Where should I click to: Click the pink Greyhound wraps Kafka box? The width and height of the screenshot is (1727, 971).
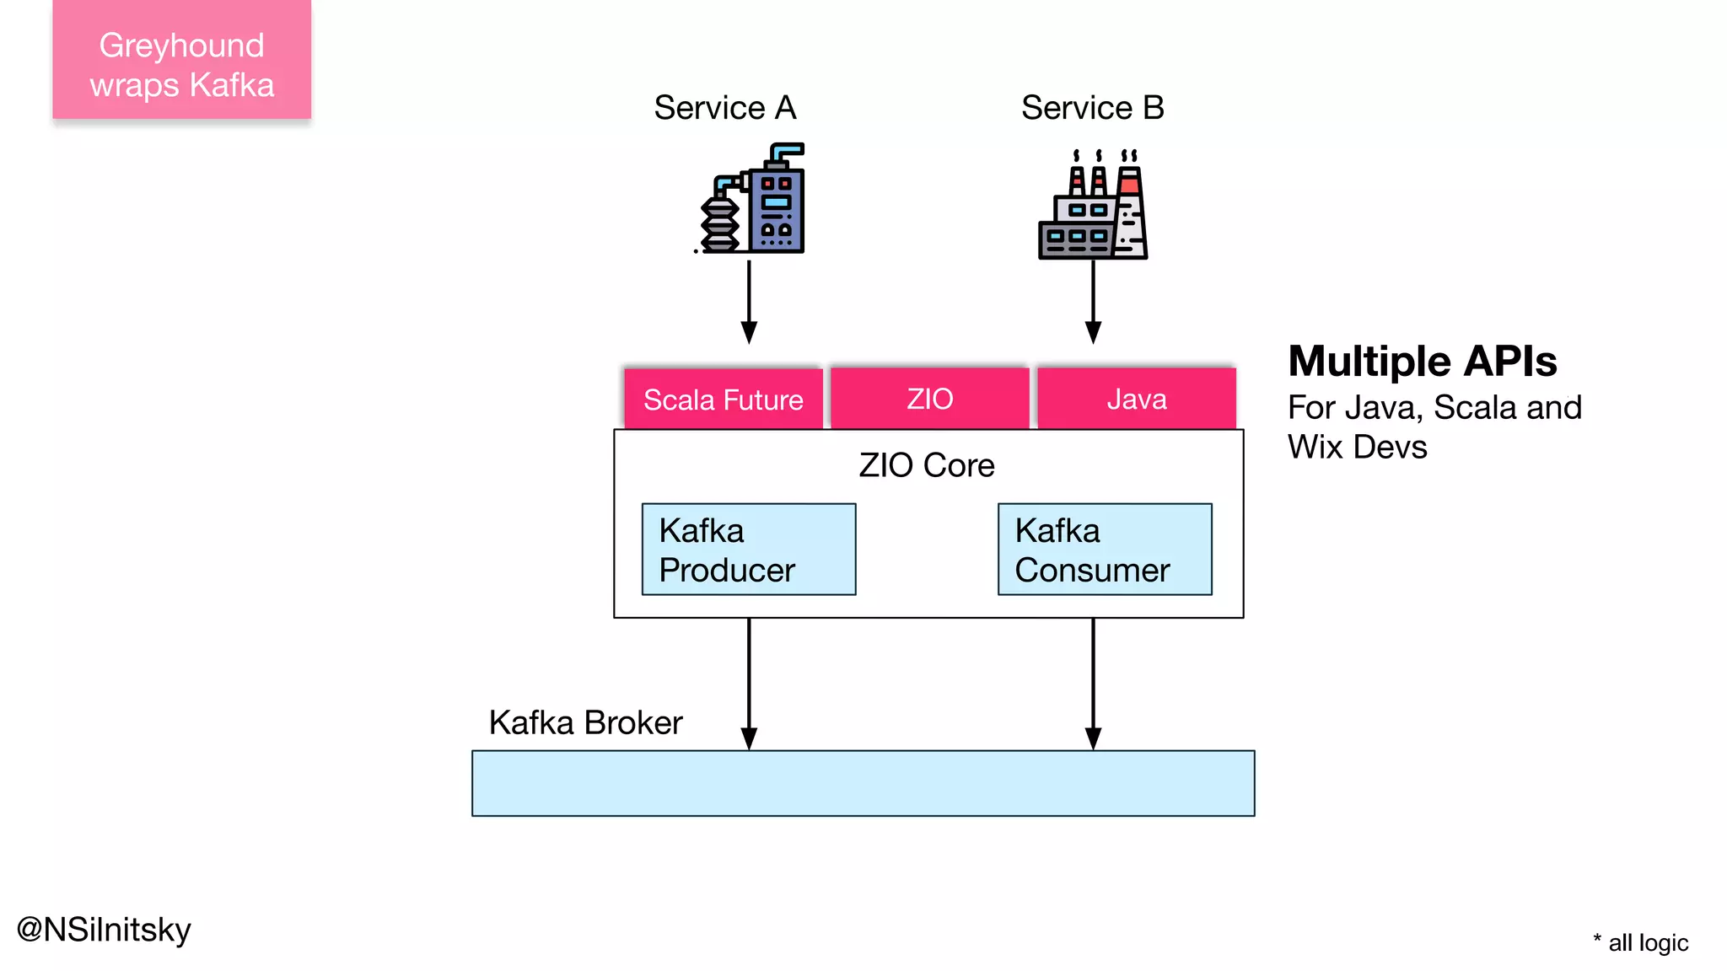pos(181,61)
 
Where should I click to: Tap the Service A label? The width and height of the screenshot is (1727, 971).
pos(724,108)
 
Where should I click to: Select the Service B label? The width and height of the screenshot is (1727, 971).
pos(1092,108)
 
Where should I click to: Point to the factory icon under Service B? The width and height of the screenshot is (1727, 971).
pos(1093,205)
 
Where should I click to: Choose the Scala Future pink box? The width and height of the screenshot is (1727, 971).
pos(723,399)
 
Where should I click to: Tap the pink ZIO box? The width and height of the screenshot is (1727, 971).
pos(929,399)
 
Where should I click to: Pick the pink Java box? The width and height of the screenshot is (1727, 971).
pos(1136,399)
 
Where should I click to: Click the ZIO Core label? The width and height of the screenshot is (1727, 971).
pos(927,465)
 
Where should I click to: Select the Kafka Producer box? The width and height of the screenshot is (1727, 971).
pos(749,550)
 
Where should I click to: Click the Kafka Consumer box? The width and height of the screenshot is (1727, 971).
pos(1105,550)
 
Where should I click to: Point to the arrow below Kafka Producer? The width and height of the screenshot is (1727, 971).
pos(749,683)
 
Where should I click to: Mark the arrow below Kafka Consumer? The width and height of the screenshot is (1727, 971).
pos(1093,683)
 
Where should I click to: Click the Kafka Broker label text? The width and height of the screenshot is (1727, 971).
pos(585,722)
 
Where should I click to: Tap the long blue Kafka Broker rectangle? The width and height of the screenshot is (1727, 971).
pos(863,783)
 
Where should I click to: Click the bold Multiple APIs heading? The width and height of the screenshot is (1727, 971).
pos(1422,362)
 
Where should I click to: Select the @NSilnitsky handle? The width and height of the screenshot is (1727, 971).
pos(105,930)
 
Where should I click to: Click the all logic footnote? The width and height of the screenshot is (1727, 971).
pos(1641,942)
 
